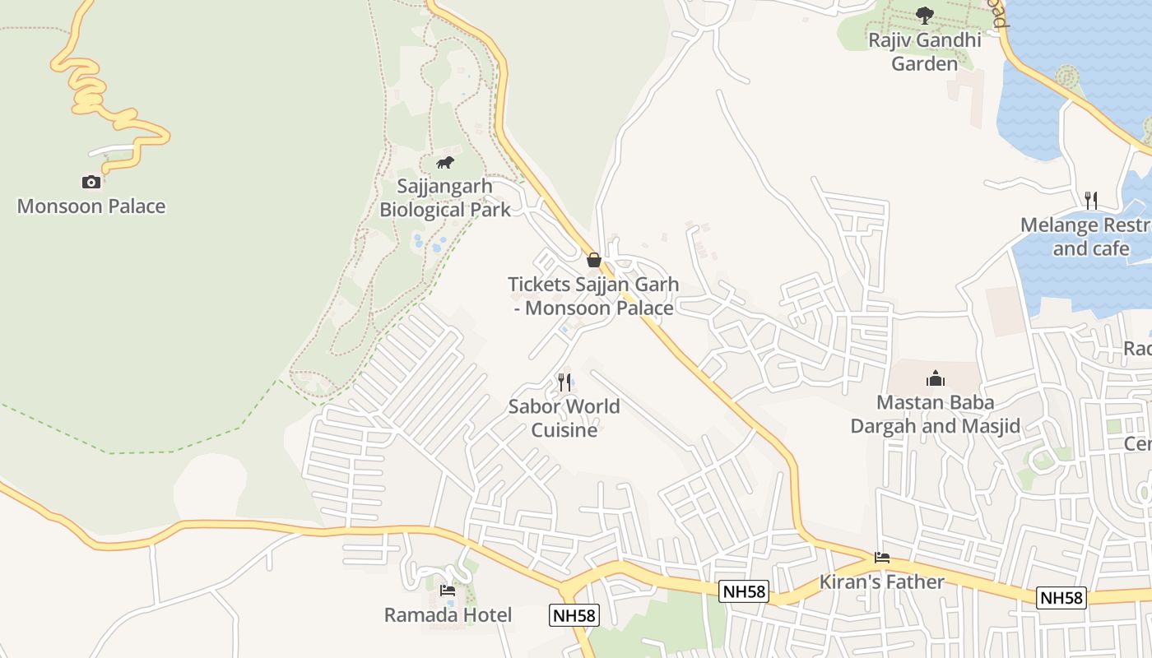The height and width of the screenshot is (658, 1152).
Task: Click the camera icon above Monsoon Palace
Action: (91, 182)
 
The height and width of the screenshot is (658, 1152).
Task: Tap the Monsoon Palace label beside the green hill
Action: (91, 206)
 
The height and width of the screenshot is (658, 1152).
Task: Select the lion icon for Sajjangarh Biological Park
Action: (445, 162)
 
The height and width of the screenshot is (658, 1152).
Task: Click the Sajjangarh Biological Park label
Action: (445, 198)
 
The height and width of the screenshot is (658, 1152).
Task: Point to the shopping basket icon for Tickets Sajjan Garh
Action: (594, 260)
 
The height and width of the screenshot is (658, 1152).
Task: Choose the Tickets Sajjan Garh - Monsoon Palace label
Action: (593, 297)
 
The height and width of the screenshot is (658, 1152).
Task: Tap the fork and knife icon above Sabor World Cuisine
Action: (564, 382)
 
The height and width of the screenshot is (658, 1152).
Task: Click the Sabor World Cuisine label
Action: (564, 418)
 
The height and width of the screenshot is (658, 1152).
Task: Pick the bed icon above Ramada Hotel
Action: (448, 591)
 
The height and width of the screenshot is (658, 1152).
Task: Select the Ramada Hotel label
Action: (448, 615)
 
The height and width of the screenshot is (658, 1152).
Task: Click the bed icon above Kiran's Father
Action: (882, 558)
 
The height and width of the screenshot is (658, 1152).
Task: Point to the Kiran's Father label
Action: (882, 582)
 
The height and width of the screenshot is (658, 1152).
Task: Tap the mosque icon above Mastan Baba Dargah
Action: (935, 378)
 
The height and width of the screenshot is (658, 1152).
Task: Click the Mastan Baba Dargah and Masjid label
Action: (935, 415)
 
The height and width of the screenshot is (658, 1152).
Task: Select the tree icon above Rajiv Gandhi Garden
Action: (925, 15)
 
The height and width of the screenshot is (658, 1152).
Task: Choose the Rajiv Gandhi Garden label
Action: (925, 52)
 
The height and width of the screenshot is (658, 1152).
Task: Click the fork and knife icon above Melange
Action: (1091, 200)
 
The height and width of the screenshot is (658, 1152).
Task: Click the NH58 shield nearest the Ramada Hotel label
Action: (574, 615)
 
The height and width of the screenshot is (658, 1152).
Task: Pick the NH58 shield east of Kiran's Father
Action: (1061, 598)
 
